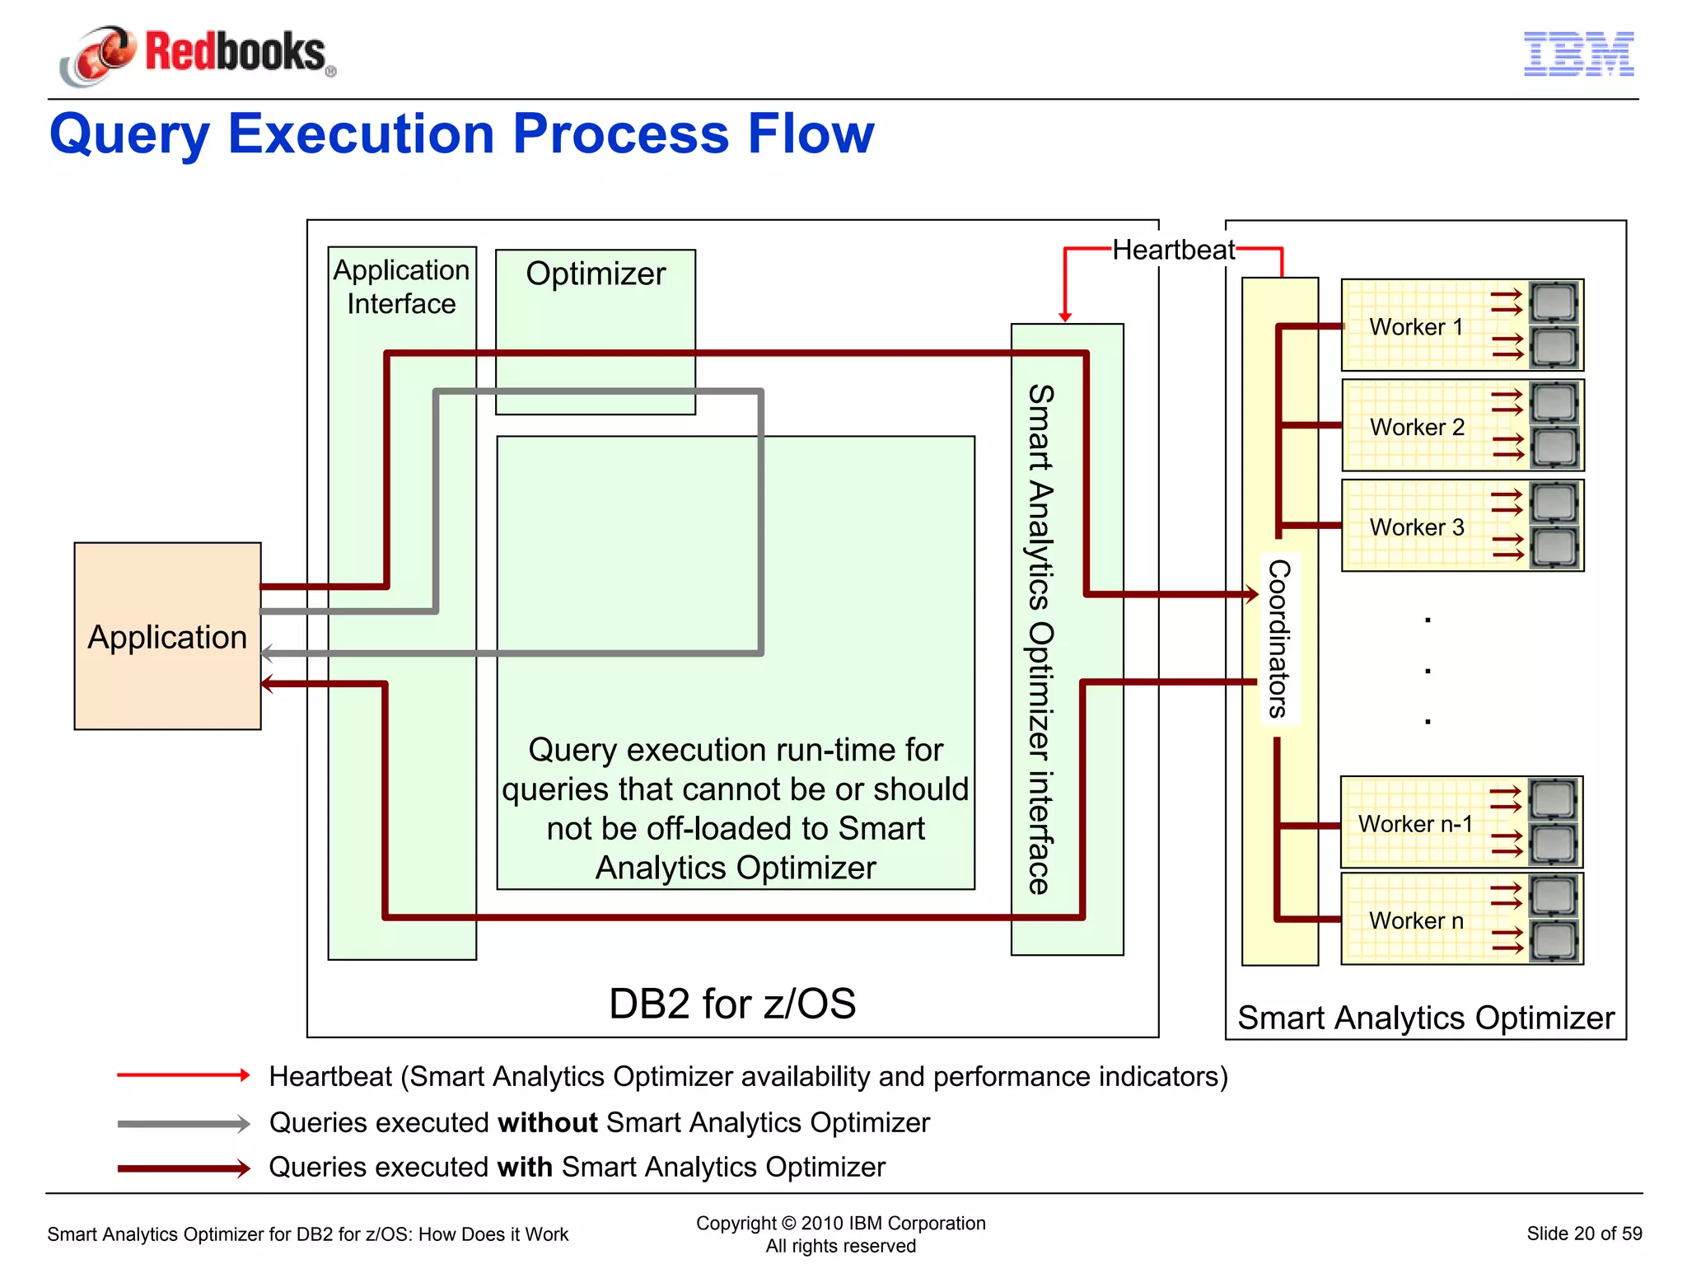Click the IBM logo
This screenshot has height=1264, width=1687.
[1577, 54]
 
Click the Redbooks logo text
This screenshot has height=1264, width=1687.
[235, 52]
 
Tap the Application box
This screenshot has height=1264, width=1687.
[167, 636]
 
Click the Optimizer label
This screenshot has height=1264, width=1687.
[596, 274]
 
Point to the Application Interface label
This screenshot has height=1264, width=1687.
[401, 287]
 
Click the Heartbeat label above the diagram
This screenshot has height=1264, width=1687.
[1173, 250]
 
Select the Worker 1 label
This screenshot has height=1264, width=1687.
[1416, 327]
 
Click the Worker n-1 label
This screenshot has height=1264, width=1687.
[1414, 823]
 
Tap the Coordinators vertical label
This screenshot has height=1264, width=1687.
[1278, 639]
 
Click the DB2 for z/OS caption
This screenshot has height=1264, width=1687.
[731, 1003]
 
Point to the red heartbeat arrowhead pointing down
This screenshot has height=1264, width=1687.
[1065, 317]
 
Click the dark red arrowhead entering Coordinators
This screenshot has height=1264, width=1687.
[1252, 593]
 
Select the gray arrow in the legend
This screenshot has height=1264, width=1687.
[183, 1124]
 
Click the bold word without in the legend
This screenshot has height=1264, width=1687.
[548, 1123]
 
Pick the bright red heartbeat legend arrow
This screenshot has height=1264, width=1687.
[183, 1075]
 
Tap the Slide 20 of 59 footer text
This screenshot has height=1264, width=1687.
[1583, 1234]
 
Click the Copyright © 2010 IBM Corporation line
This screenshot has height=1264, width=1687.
[840, 1223]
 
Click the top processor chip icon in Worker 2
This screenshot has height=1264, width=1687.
[1554, 403]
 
